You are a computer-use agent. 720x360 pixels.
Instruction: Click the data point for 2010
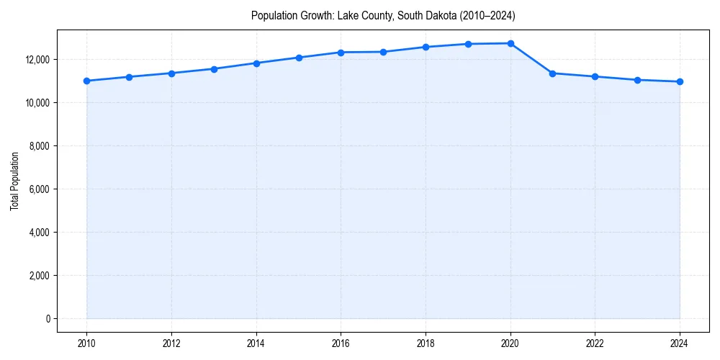86,81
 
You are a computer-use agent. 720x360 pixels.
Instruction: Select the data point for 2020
510,43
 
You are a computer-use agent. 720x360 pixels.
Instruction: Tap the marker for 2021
552,73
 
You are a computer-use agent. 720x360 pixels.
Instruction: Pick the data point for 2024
680,81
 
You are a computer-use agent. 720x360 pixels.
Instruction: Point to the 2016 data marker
341,53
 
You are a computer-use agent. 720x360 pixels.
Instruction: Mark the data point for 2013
214,69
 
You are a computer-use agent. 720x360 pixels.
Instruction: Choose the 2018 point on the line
426,47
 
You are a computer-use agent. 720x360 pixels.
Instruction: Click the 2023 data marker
637,80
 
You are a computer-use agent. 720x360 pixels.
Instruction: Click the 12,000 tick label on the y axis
36,59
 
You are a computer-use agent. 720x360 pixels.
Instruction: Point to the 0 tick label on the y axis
48,319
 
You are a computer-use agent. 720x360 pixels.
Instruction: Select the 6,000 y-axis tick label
38,189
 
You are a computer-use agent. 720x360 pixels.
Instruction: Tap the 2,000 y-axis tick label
38,276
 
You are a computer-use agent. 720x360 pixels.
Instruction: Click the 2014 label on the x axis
256,343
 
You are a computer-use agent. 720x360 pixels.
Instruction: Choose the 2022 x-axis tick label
595,343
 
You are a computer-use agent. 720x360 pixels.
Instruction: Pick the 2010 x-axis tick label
86,343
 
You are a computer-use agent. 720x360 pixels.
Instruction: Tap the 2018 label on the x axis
426,343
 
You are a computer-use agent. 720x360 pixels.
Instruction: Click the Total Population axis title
14,181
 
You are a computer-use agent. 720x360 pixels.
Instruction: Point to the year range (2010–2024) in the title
487,15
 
